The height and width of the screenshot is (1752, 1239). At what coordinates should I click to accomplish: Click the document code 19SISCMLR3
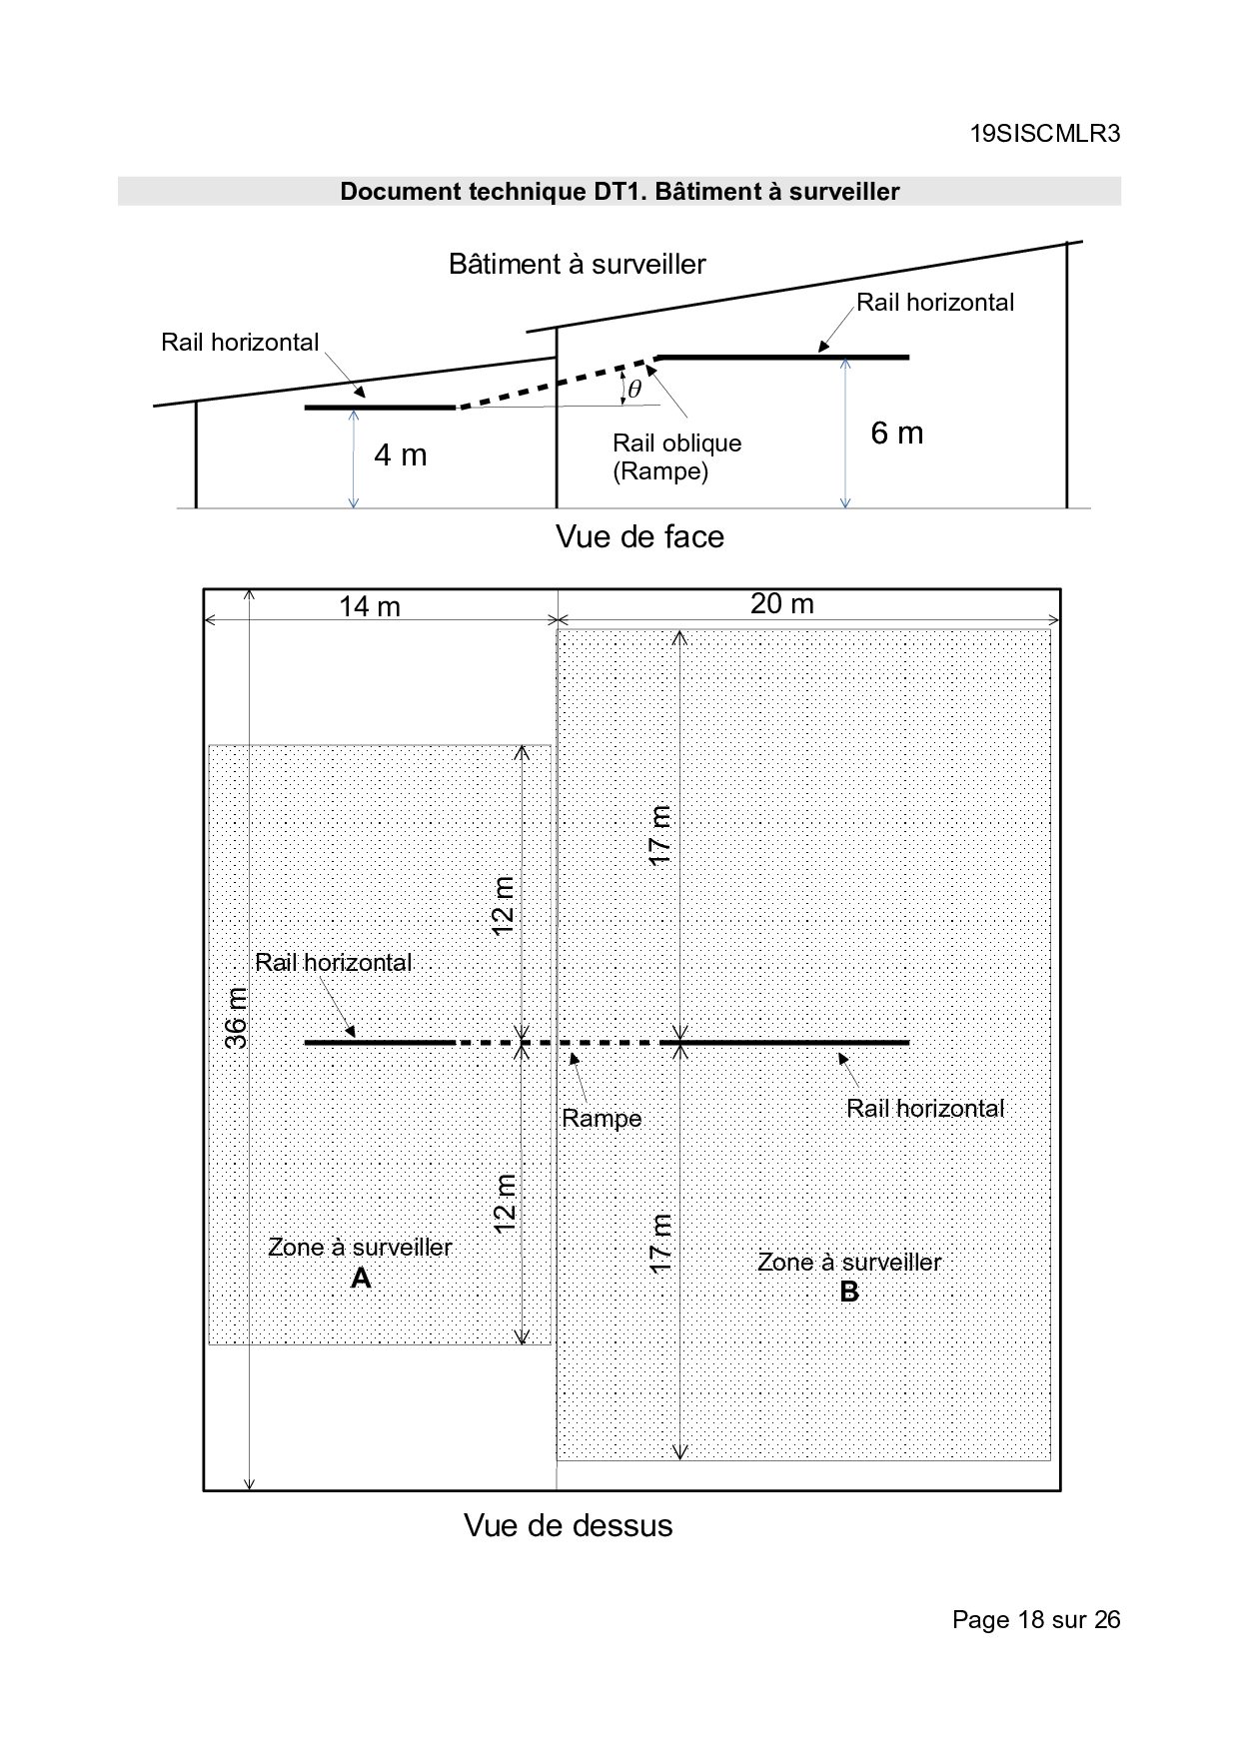pyautogui.click(x=1045, y=134)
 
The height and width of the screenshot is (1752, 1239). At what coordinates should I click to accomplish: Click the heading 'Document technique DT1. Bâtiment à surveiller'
pyautogui.click(x=619, y=191)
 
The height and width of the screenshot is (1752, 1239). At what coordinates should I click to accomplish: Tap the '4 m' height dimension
pyautogui.click(x=400, y=455)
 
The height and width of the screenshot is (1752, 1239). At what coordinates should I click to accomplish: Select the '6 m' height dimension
pyautogui.click(x=897, y=434)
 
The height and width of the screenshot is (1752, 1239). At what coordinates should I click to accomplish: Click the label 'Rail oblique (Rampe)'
pyautogui.click(x=677, y=456)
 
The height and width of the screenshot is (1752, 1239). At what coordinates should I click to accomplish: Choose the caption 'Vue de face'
pyautogui.click(x=639, y=537)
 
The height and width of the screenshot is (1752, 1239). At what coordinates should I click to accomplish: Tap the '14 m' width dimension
pyautogui.click(x=370, y=606)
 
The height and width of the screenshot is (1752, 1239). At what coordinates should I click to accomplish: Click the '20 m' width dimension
pyautogui.click(x=782, y=603)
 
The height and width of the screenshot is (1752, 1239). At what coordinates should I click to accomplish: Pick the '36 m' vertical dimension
pyautogui.click(x=236, y=1018)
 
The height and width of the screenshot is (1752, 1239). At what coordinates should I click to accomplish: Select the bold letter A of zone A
pyautogui.click(x=361, y=1279)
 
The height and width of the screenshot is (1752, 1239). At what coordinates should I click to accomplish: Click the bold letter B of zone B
pyautogui.click(x=849, y=1293)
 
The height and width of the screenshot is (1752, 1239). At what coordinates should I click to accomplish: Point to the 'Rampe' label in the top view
pyautogui.click(x=602, y=1118)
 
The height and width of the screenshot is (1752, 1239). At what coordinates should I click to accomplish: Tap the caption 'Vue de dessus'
pyautogui.click(x=568, y=1526)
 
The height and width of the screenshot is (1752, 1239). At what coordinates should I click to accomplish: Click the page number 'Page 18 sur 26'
pyautogui.click(x=1036, y=1619)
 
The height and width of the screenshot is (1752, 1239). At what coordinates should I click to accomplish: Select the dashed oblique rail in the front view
pyautogui.click(x=556, y=382)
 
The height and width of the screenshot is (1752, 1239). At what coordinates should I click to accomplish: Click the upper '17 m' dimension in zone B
pyautogui.click(x=659, y=835)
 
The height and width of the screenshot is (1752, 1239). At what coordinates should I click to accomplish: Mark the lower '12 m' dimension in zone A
pyautogui.click(x=505, y=1202)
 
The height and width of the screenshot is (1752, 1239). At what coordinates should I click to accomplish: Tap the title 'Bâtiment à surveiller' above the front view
pyautogui.click(x=577, y=265)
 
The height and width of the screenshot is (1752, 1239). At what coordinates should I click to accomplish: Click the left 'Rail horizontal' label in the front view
pyautogui.click(x=240, y=343)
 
